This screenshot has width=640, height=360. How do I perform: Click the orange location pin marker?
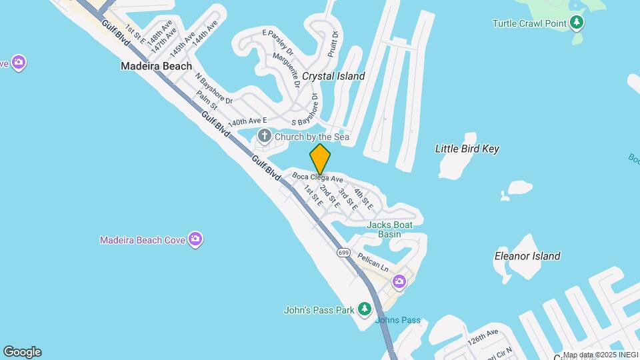(x=320, y=159)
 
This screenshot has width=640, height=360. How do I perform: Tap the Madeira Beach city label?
(x=156, y=66)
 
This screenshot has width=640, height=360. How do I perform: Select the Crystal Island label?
(x=333, y=76)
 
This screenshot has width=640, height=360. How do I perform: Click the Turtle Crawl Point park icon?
(x=577, y=23)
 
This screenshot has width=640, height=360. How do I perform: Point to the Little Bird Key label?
(x=467, y=149)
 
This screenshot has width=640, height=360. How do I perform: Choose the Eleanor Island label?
(x=527, y=256)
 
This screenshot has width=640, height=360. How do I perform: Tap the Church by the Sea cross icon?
(x=264, y=137)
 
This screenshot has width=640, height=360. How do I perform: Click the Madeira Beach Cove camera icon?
(x=195, y=239)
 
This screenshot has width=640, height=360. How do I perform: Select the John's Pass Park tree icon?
(x=364, y=309)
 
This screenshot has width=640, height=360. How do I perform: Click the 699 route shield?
(x=344, y=253)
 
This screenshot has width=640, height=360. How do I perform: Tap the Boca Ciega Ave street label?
(x=317, y=179)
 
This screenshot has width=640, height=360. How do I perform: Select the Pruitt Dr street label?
(x=334, y=43)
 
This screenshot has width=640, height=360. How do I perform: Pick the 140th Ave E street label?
(x=247, y=123)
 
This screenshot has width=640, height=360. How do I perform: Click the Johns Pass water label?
(x=398, y=320)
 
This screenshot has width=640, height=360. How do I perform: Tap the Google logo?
(x=22, y=352)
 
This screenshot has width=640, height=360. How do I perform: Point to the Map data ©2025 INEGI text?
(x=600, y=355)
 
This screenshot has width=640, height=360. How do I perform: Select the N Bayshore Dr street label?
(x=213, y=88)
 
